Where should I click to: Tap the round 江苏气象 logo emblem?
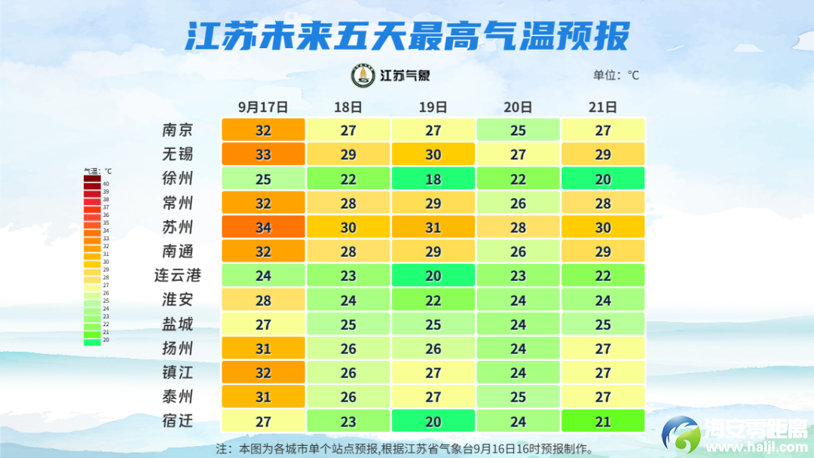coord(363,75)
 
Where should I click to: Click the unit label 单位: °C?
coord(616,75)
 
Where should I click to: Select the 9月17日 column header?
coord(263,107)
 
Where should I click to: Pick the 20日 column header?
coord(518,107)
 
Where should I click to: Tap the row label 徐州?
coord(178,179)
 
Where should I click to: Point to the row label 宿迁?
coord(178,420)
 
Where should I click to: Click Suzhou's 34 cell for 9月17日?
coord(263,227)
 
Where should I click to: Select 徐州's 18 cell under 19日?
coord(433,179)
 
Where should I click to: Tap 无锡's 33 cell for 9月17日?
coord(263,155)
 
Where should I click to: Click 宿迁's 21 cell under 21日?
coord(603,421)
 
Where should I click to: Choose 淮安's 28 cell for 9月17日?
coord(263,301)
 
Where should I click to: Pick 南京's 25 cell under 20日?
coord(518,130)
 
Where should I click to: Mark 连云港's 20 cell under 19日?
coord(433,276)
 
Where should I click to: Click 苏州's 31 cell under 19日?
coord(433,227)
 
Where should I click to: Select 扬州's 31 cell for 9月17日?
coord(263,349)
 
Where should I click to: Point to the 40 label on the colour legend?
coord(106,184)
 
